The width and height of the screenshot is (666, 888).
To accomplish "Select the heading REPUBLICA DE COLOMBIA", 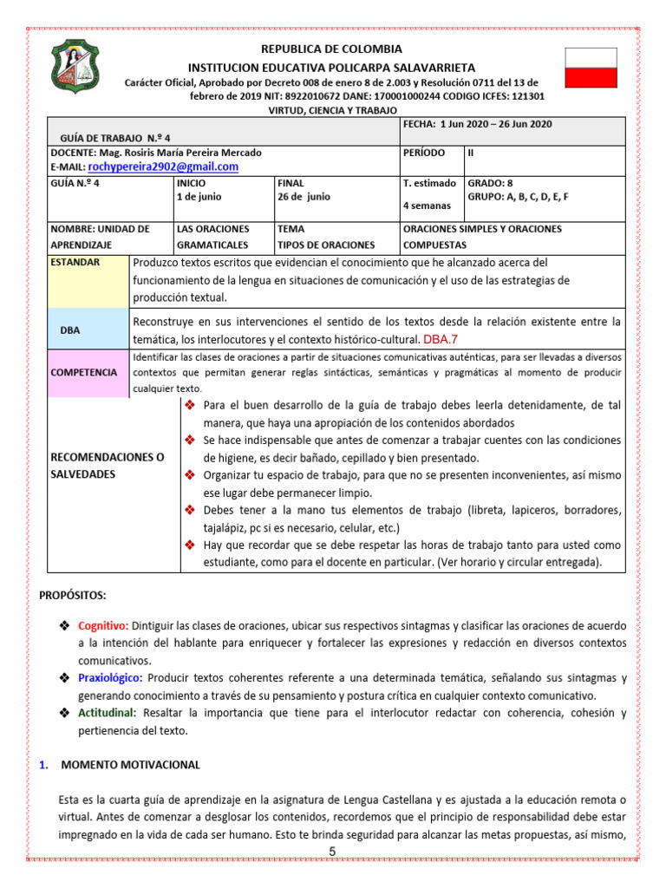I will [332, 49].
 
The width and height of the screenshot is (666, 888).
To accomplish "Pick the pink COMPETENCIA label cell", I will [84, 372].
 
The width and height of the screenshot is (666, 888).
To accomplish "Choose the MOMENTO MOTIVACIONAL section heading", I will [130, 765].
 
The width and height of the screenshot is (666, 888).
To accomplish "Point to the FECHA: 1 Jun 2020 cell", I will [477, 124].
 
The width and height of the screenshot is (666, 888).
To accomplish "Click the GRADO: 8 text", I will [491, 184].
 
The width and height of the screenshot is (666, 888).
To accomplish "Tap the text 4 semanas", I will [428, 207].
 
